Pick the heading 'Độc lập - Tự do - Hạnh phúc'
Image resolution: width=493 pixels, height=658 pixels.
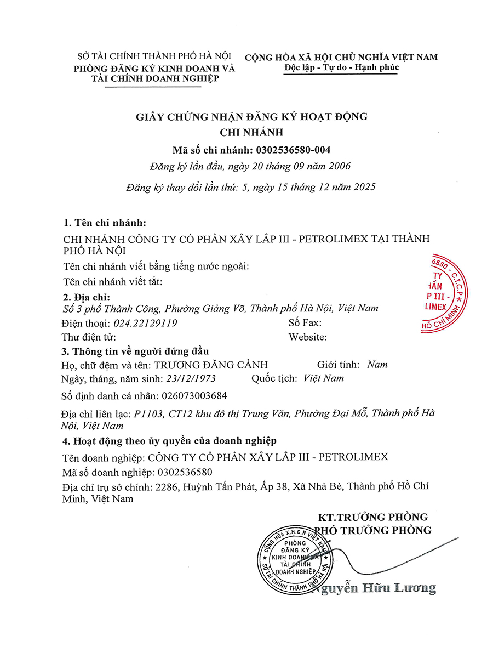click(342, 68)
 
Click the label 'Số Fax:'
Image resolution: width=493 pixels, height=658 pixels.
click(305, 323)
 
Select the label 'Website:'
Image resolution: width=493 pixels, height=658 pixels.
click(308, 337)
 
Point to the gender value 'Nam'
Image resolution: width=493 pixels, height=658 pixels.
click(377, 365)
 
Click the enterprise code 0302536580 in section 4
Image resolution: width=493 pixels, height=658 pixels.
click(185, 472)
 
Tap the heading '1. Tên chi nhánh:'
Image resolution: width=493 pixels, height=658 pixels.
click(104, 223)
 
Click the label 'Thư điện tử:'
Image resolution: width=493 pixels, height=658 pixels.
click(88, 337)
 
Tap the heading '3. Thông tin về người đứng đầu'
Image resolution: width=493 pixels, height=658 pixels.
click(135, 351)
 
